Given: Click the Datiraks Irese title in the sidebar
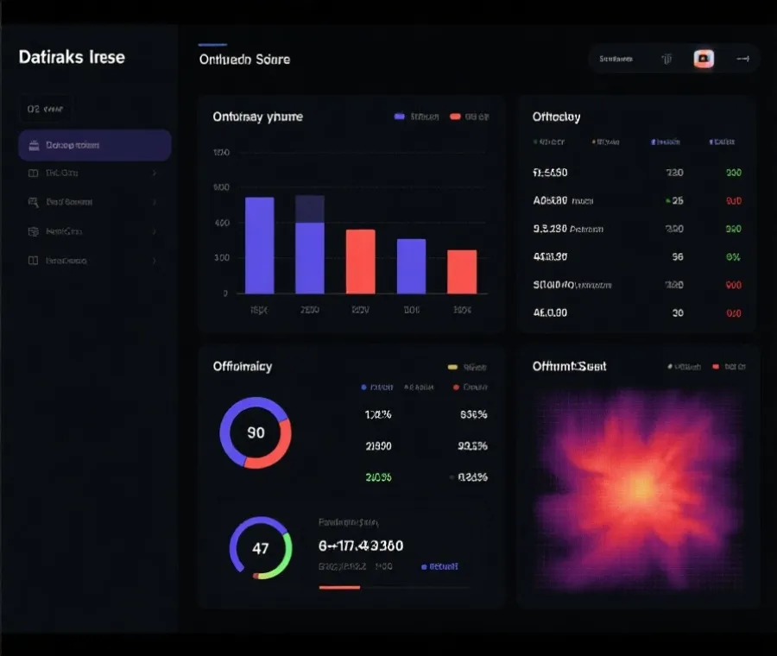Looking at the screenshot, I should [72, 58].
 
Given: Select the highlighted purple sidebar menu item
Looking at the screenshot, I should [95, 145].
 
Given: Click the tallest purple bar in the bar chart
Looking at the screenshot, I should [260, 245].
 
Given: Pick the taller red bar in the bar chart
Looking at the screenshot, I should [360, 261].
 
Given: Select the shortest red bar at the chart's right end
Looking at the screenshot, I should [462, 271].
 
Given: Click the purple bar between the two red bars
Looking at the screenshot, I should [411, 266].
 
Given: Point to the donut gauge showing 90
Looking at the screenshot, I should [256, 432].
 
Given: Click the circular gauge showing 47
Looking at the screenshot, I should [261, 548].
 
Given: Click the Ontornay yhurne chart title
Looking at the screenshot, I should [257, 117].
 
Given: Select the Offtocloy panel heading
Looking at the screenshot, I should [556, 117].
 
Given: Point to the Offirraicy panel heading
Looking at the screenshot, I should [243, 366].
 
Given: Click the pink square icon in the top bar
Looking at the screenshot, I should [704, 59].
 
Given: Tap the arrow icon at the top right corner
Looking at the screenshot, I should [742, 59].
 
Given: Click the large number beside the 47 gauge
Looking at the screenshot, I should [360, 546].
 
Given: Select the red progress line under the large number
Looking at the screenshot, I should [339, 587].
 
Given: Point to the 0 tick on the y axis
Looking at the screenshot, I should [225, 293].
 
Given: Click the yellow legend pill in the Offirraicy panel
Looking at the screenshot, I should [452, 367].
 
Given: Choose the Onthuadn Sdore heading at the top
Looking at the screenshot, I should [244, 60].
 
